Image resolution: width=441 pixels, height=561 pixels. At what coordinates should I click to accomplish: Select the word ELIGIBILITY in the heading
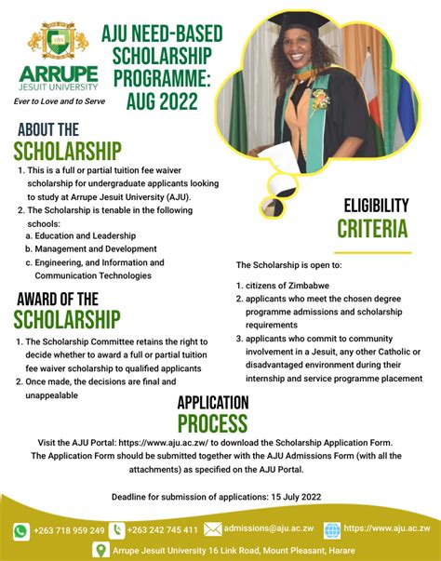pyautogui.click(x=376, y=205)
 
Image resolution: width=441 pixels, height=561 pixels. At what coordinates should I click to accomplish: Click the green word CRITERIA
pyautogui.click(x=372, y=228)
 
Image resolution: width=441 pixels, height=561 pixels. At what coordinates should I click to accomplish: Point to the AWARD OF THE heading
pyautogui.click(x=57, y=299)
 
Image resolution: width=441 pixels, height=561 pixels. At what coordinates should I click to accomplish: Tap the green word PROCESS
pyautogui.click(x=213, y=425)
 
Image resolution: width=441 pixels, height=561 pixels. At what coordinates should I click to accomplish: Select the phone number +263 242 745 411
pyautogui.click(x=162, y=530)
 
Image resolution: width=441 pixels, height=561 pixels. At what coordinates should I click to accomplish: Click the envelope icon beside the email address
pyautogui.click(x=213, y=529)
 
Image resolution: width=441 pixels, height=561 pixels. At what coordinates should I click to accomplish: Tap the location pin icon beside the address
pyautogui.click(x=100, y=551)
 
